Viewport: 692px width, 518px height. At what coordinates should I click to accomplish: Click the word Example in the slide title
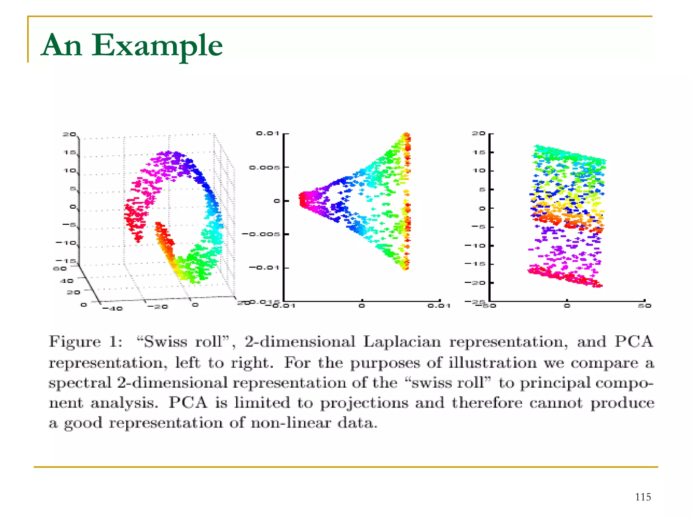[x=157, y=46]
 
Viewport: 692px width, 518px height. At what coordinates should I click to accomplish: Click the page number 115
[x=643, y=497]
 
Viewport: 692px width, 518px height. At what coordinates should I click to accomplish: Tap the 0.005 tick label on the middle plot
[x=265, y=167]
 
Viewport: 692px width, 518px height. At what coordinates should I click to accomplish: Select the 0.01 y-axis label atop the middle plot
[x=268, y=133]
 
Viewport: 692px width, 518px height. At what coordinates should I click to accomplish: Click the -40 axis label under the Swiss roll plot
[x=113, y=308]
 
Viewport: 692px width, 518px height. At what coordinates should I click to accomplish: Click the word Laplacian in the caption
[x=402, y=342]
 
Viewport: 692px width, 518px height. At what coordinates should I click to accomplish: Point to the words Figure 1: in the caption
[x=85, y=342]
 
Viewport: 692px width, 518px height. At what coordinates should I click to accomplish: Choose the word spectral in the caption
[x=80, y=383]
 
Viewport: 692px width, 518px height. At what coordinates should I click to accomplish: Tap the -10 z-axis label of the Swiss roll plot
[x=66, y=242]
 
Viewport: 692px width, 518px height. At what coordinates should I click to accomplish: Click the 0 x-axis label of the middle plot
[x=362, y=306]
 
